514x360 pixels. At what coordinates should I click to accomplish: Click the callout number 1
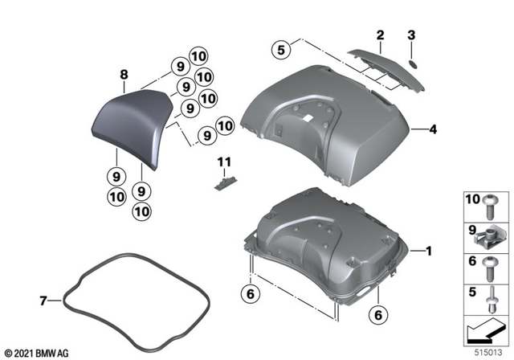tap(428, 252)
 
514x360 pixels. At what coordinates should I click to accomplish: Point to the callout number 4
tap(432, 129)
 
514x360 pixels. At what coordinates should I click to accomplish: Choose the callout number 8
tap(124, 74)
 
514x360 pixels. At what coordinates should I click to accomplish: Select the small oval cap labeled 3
tap(410, 62)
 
